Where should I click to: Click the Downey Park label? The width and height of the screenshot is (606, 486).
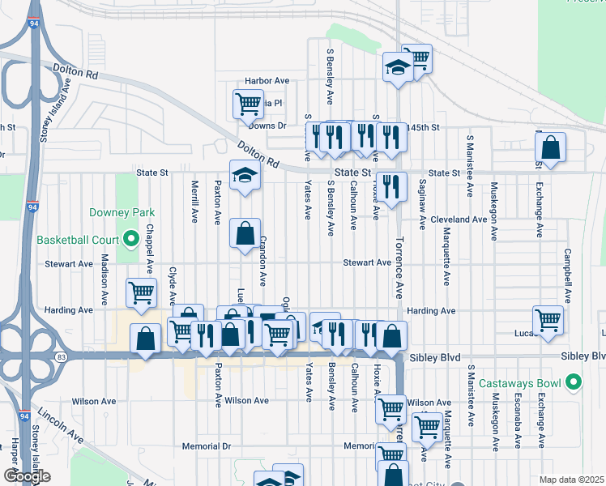click(x=122, y=212)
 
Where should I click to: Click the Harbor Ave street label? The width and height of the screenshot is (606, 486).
click(x=267, y=82)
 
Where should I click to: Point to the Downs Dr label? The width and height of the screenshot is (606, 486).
click(x=267, y=126)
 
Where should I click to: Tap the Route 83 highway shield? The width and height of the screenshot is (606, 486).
click(x=61, y=355)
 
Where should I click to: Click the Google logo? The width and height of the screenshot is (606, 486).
click(x=27, y=476)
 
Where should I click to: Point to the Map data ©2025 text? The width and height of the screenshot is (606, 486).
click(x=571, y=480)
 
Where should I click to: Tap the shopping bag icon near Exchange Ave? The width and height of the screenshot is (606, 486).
click(x=550, y=147)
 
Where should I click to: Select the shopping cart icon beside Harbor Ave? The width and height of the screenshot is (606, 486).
click(x=248, y=103)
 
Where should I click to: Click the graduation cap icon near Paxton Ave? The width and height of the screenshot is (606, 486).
click(x=244, y=175)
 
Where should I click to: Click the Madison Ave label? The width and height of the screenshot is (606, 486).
click(x=104, y=280)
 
